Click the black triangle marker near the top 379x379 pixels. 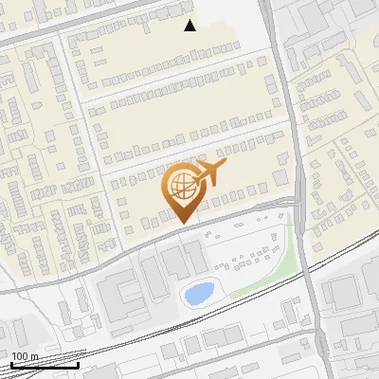(190, 26)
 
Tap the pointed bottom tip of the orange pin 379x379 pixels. (183, 223)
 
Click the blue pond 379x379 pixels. (198, 294)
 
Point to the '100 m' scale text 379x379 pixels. (25, 356)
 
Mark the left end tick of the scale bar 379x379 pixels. (11, 363)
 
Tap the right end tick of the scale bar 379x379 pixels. (79, 363)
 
